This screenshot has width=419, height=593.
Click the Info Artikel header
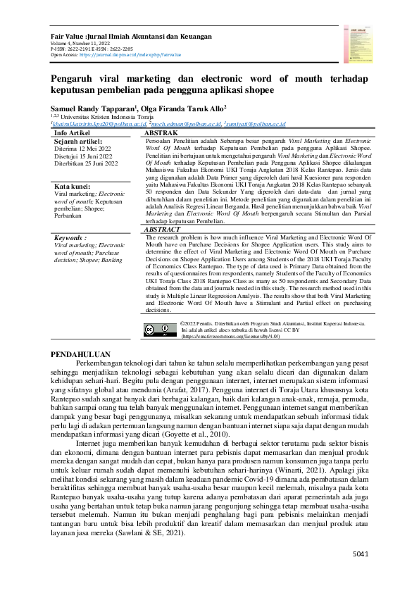[72, 132]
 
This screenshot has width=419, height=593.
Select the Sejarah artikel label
[79, 141]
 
